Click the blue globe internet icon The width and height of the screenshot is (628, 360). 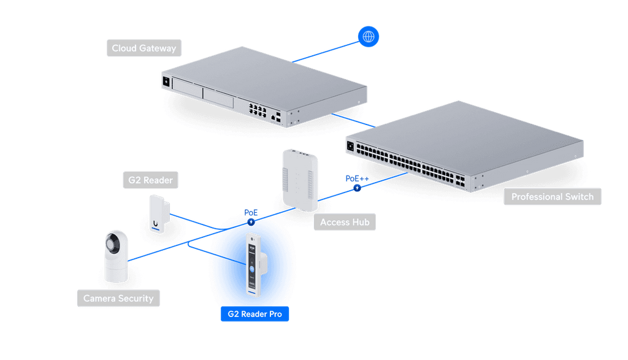368,36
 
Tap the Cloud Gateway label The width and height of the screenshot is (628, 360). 144,48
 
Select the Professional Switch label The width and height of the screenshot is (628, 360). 553,197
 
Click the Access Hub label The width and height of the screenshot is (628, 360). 345,222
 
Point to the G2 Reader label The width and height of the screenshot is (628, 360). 151,180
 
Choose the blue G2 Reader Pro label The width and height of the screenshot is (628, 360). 255,314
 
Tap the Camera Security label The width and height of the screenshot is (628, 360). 118,298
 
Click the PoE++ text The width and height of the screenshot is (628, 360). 357,178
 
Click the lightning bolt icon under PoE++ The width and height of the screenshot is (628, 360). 357,188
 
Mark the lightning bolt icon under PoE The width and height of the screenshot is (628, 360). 251,222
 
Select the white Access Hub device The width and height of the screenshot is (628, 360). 300,180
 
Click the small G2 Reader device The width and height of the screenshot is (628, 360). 159,213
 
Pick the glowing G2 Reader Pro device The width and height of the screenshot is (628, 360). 255,266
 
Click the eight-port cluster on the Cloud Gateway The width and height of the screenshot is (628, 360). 258,110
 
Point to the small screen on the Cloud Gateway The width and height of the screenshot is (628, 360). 166,82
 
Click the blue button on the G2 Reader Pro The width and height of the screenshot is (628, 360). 252,269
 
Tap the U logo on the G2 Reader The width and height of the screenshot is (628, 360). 155,223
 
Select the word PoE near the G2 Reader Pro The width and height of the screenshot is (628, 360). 251,213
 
